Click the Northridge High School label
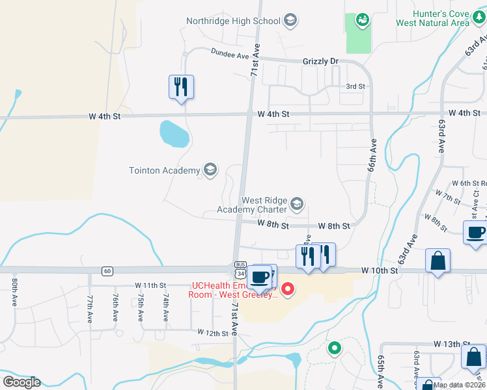tap(233, 21)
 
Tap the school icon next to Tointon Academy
tap(210, 170)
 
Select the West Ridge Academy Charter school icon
tap(297, 205)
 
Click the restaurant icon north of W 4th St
tap(182, 87)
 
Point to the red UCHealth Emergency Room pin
tap(287, 287)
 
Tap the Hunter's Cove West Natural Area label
tap(432, 18)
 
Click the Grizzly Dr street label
tap(321, 61)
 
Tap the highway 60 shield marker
tap(107, 270)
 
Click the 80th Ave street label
tap(14, 293)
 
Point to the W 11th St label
tap(151, 285)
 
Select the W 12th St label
tap(214, 332)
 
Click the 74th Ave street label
tap(166, 307)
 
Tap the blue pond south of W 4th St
tap(174, 133)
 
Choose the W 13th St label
tap(451, 344)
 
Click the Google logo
tap(21, 382)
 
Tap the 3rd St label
tap(355, 86)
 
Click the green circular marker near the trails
tap(335, 348)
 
